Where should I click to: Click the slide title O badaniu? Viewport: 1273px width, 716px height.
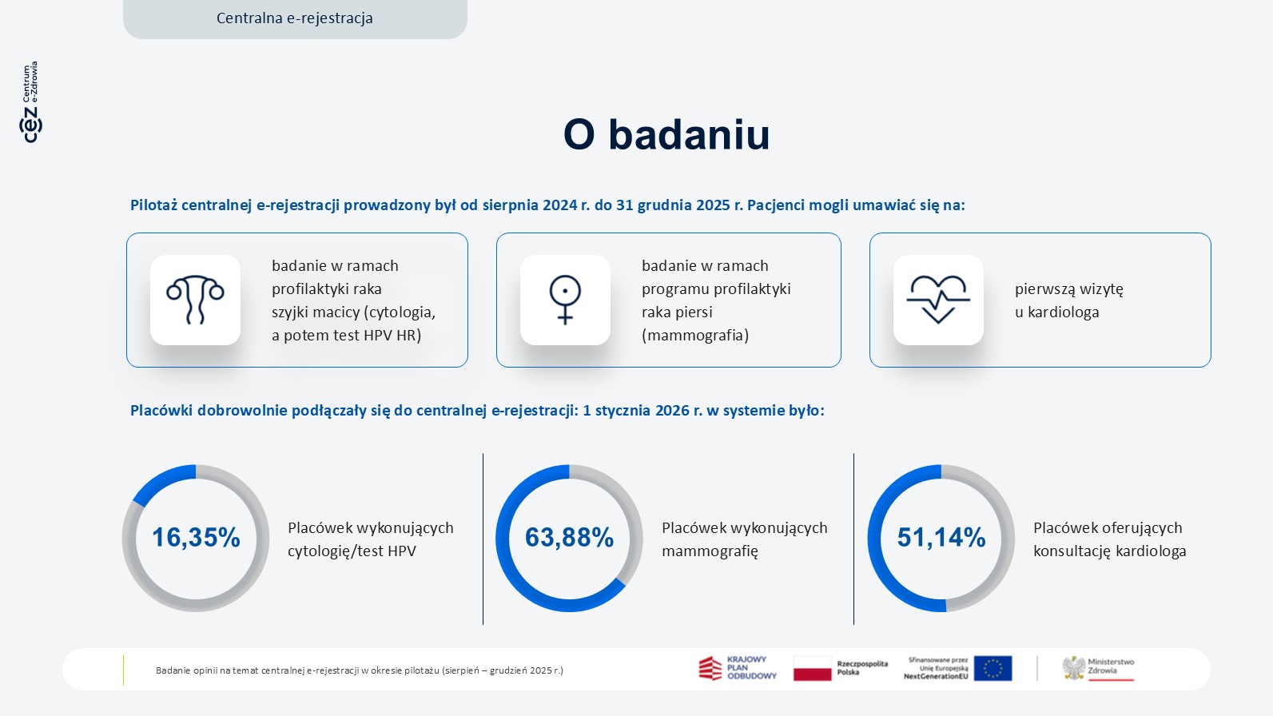point(666,134)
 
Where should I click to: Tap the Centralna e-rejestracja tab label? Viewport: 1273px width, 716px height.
point(295,18)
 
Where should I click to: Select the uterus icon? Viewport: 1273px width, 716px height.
point(195,300)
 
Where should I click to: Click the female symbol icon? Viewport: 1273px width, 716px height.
point(565,300)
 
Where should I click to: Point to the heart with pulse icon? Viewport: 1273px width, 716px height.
point(938,300)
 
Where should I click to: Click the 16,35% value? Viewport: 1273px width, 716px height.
point(196,538)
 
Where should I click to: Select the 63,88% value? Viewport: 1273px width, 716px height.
point(569,538)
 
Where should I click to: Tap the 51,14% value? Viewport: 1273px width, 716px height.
point(941,538)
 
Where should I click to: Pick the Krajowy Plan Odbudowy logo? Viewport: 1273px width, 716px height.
point(737,668)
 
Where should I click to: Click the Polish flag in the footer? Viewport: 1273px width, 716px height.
point(812,668)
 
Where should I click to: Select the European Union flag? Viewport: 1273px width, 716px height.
point(993,668)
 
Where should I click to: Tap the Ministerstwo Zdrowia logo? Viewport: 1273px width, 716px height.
point(1098,668)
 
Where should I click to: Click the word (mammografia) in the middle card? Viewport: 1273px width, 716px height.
point(695,336)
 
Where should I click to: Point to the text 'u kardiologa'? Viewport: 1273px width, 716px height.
point(1056,312)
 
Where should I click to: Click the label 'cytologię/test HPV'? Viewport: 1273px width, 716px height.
point(352,551)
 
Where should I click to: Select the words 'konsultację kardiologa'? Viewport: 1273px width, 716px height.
point(1109,551)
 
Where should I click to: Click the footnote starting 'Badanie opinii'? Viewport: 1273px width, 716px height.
point(360,670)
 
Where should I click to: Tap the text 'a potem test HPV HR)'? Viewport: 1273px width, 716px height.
point(346,336)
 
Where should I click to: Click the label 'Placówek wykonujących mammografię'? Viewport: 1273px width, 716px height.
point(744,539)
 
